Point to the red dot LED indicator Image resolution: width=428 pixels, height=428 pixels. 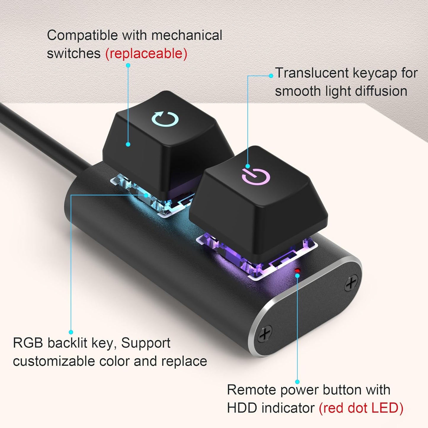[x=297, y=270]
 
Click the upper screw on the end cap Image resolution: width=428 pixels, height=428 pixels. [x=351, y=283]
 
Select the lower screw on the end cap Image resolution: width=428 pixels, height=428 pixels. [x=265, y=333]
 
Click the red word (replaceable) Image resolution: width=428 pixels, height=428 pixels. [x=146, y=54]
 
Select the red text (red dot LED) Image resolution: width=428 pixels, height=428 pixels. [x=361, y=408]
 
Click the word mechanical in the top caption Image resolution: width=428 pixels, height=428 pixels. [x=187, y=35]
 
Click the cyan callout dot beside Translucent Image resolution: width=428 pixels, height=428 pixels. [x=271, y=76]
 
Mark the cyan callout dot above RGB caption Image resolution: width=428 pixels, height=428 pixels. [x=71, y=332]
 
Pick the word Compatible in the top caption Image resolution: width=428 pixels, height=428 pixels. [x=82, y=36]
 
